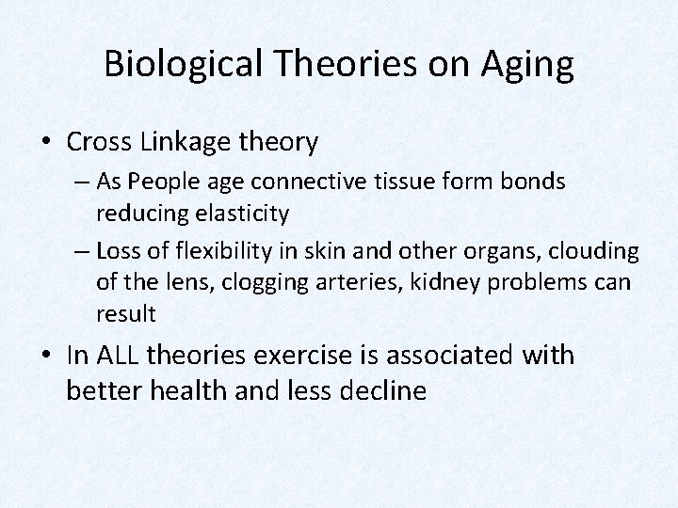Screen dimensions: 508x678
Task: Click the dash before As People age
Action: [78, 183]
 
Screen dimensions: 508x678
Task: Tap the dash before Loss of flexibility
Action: [78, 251]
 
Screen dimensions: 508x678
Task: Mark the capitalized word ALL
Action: [117, 356]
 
